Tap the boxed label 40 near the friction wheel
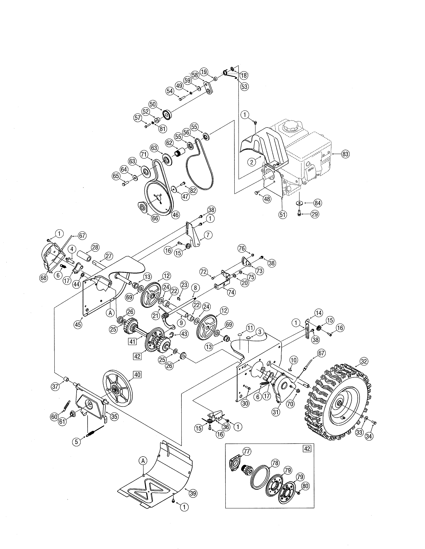137,374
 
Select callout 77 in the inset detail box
247,451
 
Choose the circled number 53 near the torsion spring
244,87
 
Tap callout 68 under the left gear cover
43,278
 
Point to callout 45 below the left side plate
78,325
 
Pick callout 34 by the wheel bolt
369,436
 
